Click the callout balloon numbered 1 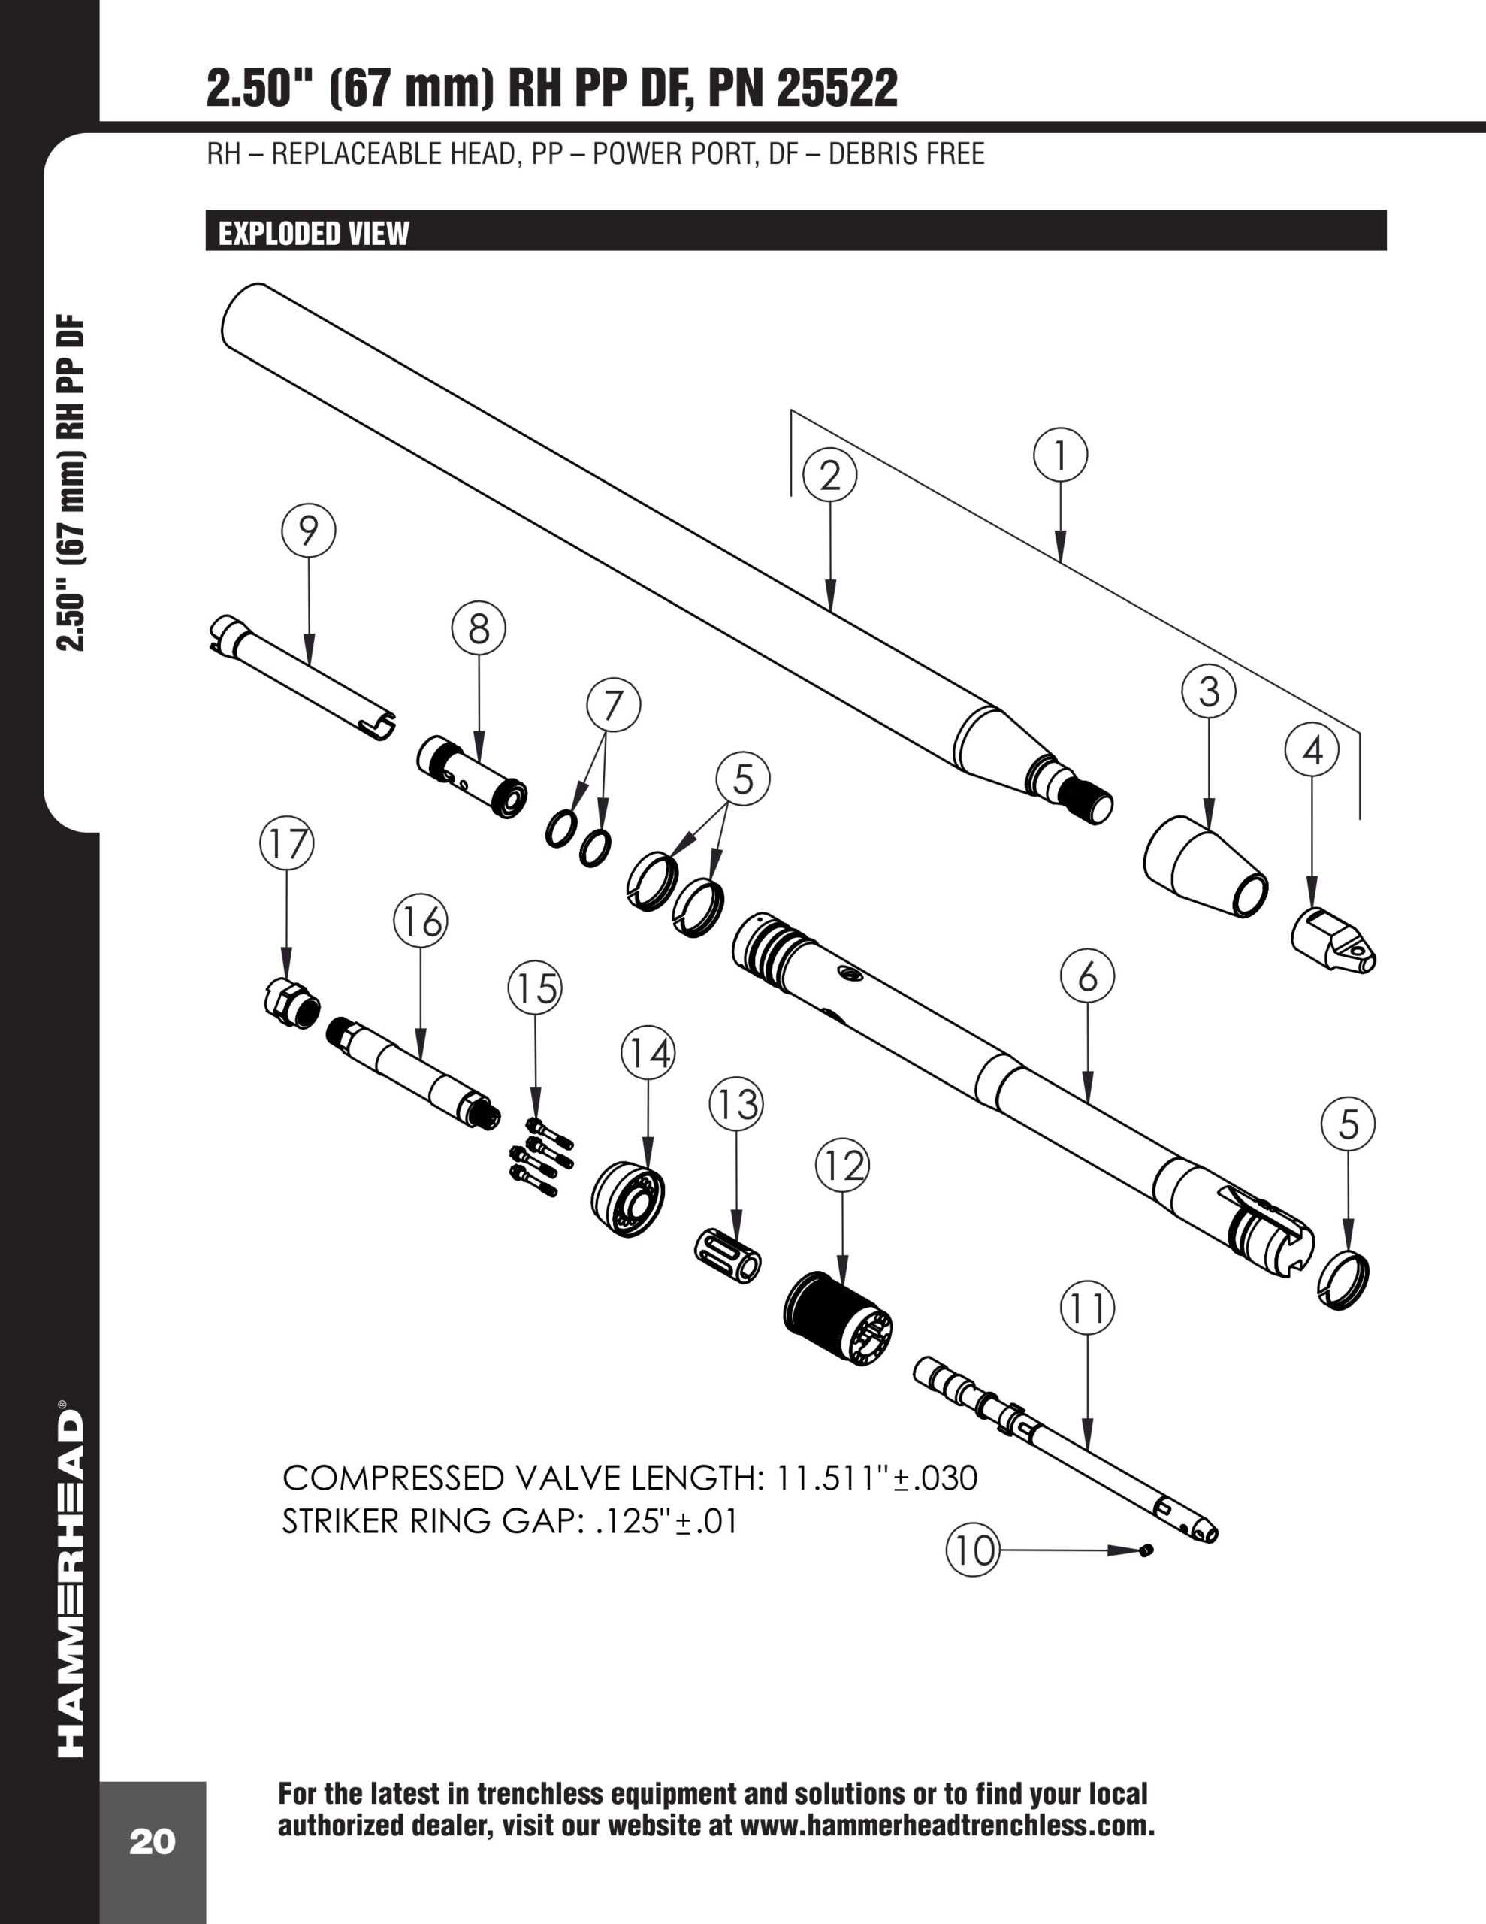(x=1060, y=455)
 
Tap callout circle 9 (x=308, y=531)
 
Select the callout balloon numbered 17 (x=286, y=844)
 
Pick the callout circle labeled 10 (x=972, y=1550)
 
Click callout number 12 (x=842, y=1166)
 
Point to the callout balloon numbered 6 (x=1088, y=976)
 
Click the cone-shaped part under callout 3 (x=1205, y=867)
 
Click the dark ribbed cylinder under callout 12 (x=837, y=1318)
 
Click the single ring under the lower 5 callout (x=1344, y=1279)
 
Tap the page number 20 (x=153, y=1842)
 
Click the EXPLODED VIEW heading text (x=313, y=234)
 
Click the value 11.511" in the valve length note (x=828, y=1478)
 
